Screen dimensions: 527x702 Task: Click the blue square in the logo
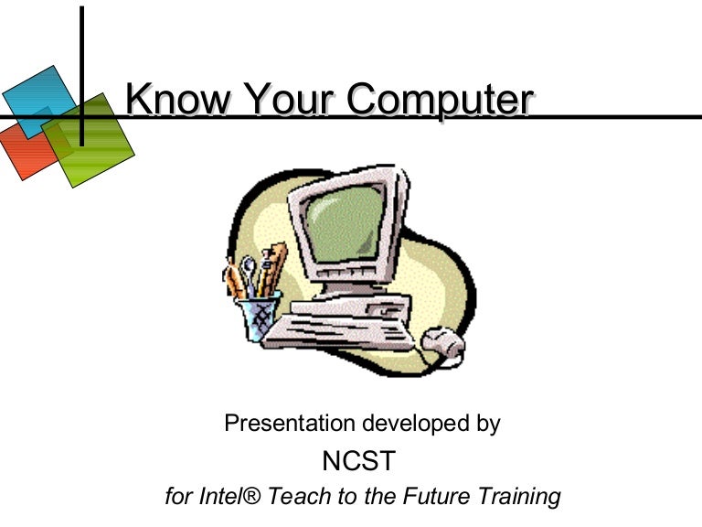click(x=37, y=96)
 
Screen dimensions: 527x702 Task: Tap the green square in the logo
click(x=91, y=142)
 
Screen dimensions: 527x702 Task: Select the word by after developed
click(x=487, y=424)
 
